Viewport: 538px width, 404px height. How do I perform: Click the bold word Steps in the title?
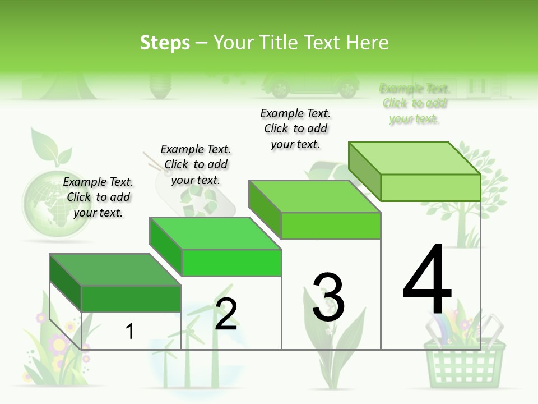pyautogui.click(x=164, y=43)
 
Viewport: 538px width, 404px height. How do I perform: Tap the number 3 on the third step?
pyautogui.click(x=328, y=297)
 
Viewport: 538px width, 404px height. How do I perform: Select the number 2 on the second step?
pyautogui.click(x=226, y=314)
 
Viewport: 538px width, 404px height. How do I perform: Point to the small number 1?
pyautogui.click(x=129, y=331)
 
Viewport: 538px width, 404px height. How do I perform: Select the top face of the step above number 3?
pyautogui.click(x=314, y=196)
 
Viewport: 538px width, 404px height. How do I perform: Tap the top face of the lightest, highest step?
pyautogui.click(x=414, y=158)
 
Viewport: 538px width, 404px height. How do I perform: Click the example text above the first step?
pyautogui.click(x=98, y=197)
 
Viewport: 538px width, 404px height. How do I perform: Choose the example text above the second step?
pyautogui.click(x=196, y=164)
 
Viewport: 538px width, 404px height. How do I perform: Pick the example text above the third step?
pyautogui.click(x=295, y=128)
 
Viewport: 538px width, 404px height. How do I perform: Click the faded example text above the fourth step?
pyautogui.click(x=414, y=104)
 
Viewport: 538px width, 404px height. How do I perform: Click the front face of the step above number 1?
pyautogui.click(x=131, y=299)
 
